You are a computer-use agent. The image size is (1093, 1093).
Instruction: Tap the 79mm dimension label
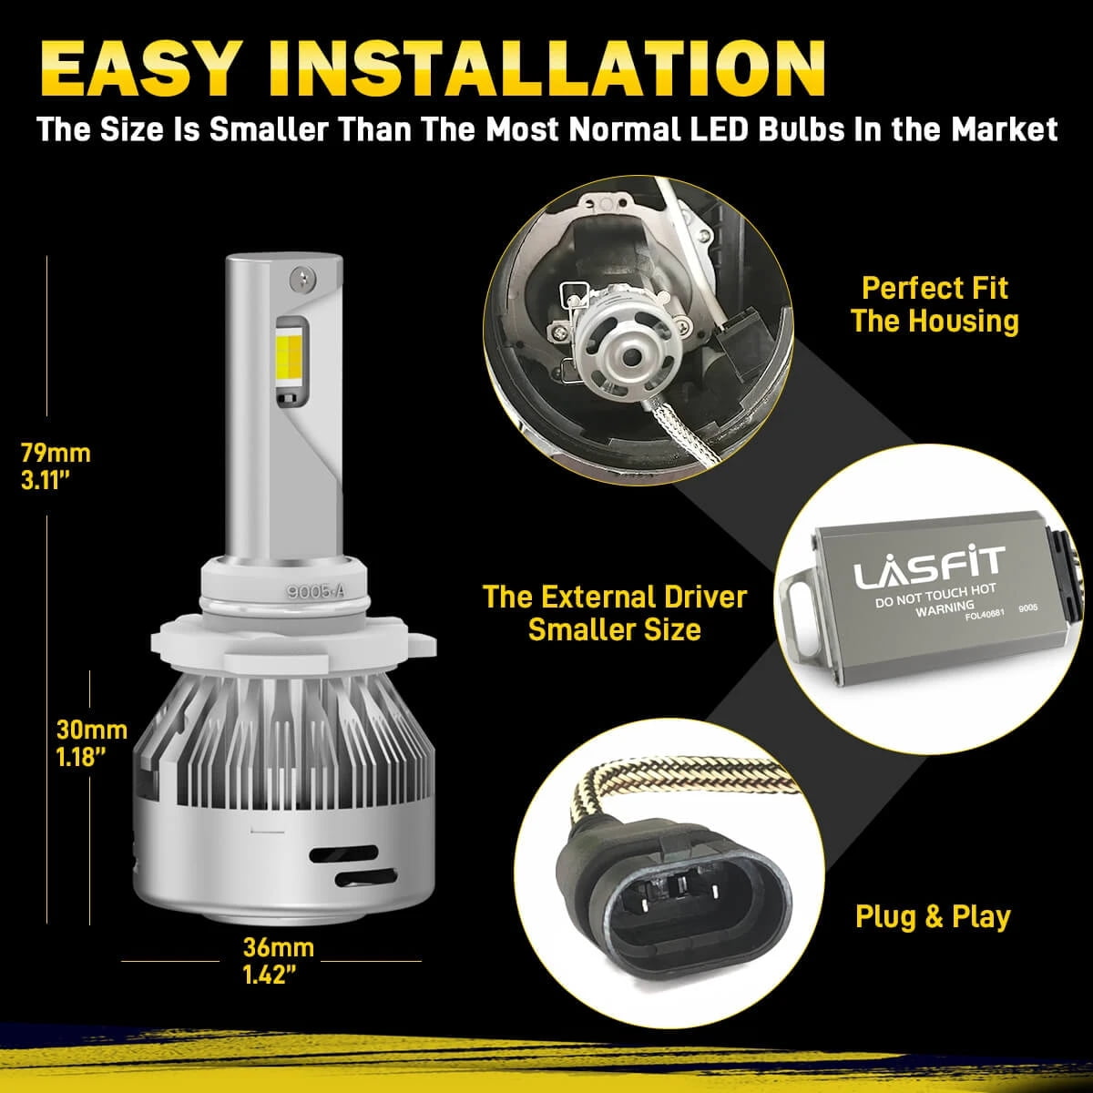coord(56,454)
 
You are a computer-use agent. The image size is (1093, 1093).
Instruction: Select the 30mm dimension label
coord(92,730)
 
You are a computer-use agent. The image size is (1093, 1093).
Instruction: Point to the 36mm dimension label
coord(278,947)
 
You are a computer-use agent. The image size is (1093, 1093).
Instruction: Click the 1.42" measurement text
coord(270,975)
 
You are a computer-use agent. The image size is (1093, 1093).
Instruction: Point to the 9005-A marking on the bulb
coord(315,592)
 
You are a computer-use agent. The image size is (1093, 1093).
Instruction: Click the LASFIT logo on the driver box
coord(928,567)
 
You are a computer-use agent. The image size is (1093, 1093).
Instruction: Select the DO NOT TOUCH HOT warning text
coord(935,596)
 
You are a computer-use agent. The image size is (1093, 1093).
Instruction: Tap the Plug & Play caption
coord(933,916)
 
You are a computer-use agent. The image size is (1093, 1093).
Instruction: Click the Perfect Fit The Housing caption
coord(935,304)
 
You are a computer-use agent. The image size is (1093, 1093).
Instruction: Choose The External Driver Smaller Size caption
coord(615,613)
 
